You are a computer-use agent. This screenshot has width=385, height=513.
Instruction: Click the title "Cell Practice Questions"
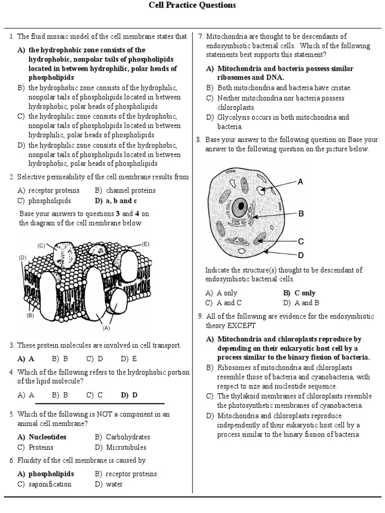pos(192,6)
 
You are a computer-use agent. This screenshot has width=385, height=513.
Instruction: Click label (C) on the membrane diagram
pos(42,245)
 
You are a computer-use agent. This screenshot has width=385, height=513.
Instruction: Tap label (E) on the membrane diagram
pos(146,244)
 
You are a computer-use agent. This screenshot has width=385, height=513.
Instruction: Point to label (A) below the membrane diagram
pos(106,329)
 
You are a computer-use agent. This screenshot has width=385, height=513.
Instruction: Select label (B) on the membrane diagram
pos(30,316)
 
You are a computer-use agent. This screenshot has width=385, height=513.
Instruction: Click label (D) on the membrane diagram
pos(23,258)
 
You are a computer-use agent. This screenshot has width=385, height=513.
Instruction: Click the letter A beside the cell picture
pos(301,182)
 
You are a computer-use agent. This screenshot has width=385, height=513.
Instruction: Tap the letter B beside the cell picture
pos(301,213)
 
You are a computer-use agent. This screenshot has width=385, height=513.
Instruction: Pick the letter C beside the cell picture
pos(301,241)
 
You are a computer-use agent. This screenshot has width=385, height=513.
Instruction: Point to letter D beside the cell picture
pos(301,254)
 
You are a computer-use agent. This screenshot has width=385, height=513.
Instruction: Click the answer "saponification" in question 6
pos(50,484)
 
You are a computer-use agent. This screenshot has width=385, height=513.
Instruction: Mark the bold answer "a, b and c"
pos(122,201)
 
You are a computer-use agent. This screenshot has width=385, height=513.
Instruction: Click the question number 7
pos(201,37)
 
